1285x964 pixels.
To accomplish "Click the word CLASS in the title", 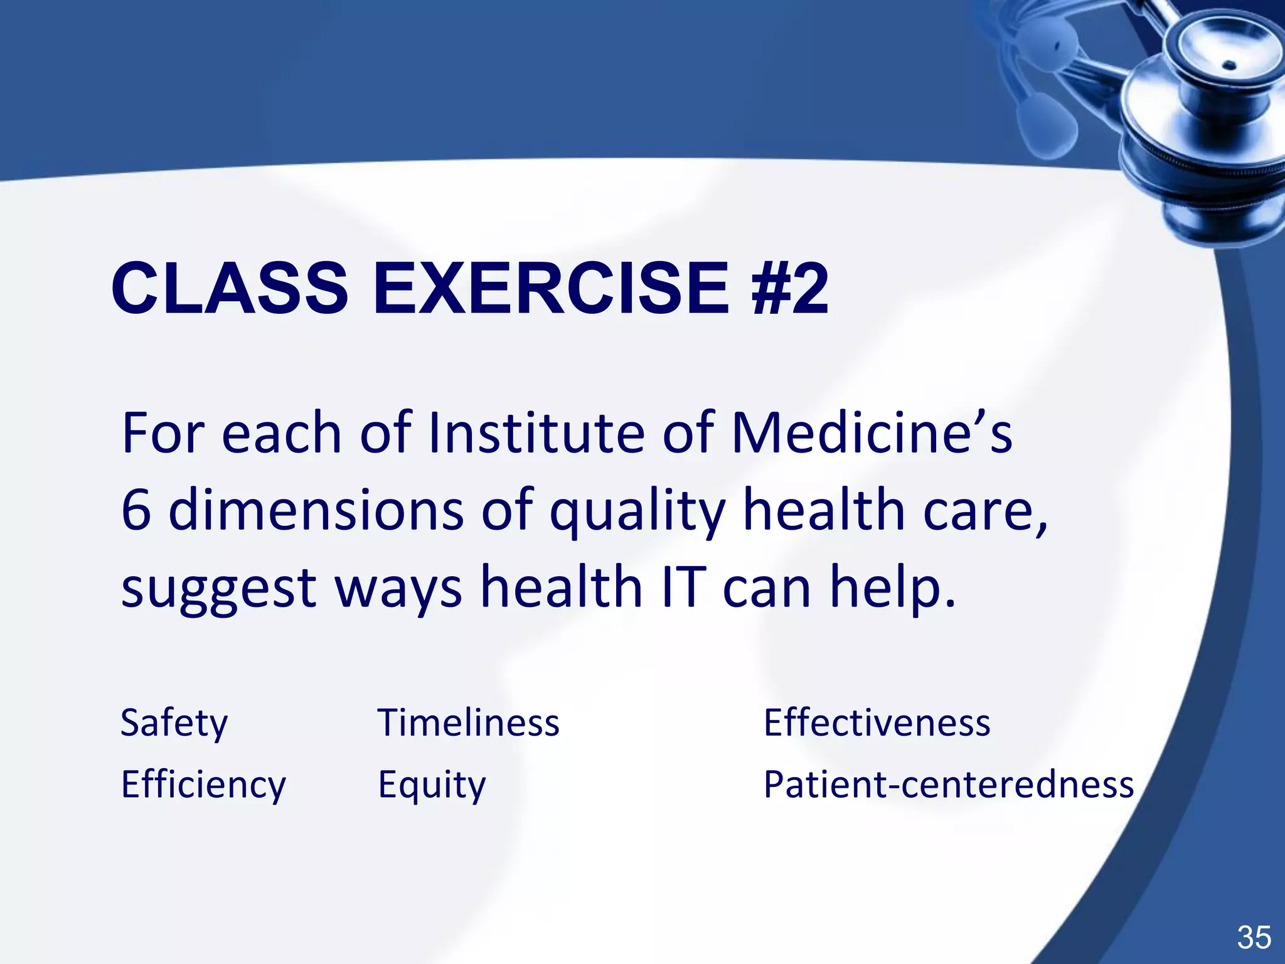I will [230, 289].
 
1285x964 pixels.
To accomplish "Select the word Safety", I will [174, 723].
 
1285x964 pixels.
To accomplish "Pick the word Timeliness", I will [468, 723].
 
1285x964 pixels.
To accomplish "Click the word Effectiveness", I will [877, 723].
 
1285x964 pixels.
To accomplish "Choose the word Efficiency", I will [203, 785].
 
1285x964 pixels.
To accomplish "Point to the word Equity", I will [432, 785].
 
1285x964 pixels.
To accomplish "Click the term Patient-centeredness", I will [948, 785].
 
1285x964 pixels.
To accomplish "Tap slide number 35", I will [1254, 938].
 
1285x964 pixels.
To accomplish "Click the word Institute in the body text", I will [536, 433].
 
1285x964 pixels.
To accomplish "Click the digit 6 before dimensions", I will [136, 510].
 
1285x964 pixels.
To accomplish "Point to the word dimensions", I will [317, 510].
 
